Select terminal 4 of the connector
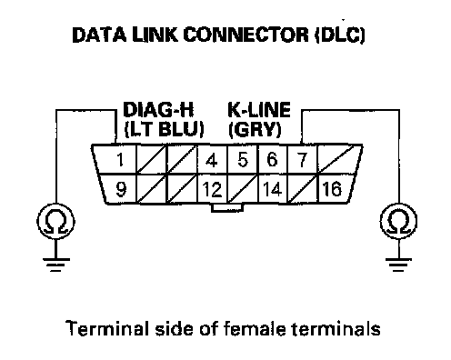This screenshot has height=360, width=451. (x=212, y=159)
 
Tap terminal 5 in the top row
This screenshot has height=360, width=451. (x=242, y=159)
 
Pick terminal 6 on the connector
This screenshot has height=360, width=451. (x=272, y=159)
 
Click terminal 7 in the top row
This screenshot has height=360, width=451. (x=302, y=159)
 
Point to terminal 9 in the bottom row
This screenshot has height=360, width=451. (x=120, y=188)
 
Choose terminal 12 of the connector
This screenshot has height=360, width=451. (x=212, y=189)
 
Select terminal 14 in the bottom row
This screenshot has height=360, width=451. (x=272, y=189)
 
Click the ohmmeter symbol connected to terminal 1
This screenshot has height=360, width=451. (x=55, y=221)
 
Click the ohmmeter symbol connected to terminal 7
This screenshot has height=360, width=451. (x=398, y=221)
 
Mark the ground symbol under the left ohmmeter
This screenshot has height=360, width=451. (x=56, y=265)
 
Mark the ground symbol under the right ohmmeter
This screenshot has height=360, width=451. (x=398, y=265)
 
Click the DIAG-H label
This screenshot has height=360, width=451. (x=158, y=110)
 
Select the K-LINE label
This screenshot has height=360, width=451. (x=259, y=110)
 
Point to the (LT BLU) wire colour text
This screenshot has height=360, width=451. (x=165, y=130)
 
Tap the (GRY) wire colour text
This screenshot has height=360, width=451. (x=255, y=130)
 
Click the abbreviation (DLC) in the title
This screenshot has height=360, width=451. (x=340, y=35)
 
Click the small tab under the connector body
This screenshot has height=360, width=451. (x=227, y=207)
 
